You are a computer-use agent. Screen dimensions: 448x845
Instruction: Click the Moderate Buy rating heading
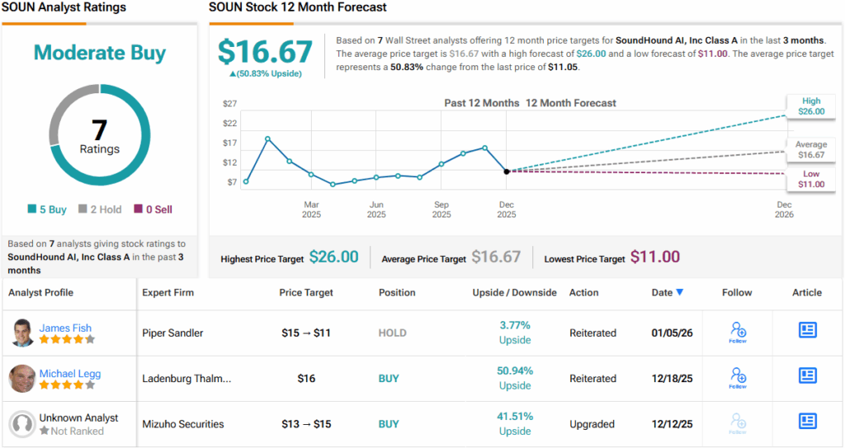point(100,53)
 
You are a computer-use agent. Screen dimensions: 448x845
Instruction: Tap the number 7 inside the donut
point(99,130)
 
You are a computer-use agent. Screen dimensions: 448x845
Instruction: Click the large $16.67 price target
point(265,52)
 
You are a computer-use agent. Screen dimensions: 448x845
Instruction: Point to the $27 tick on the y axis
point(230,104)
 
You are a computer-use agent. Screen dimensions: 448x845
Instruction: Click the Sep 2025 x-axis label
point(441,210)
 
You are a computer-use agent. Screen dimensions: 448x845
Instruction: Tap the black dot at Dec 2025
point(506,171)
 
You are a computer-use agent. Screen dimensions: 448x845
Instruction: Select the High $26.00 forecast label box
point(810,106)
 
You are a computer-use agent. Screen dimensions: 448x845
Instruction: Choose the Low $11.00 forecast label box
point(810,179)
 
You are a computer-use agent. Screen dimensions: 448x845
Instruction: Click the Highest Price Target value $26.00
point(333,257)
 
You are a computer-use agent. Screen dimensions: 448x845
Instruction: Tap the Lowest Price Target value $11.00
point(655,257)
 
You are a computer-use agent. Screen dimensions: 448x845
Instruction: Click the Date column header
point(667,292)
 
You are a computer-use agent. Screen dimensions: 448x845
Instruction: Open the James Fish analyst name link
point(65,328)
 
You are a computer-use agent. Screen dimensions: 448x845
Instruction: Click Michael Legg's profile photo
point(22,378)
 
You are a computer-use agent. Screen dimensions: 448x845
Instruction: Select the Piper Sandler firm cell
point(172,333)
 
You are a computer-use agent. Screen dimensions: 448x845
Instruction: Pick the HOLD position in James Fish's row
point(393,333)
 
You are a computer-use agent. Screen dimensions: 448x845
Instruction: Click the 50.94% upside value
point(515,371)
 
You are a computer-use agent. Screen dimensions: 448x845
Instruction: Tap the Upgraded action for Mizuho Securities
point(592,424)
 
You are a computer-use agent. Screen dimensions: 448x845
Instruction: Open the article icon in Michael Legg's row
point(807,376)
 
